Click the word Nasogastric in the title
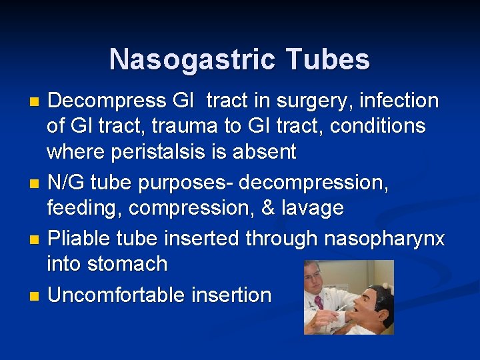(x=191, y=59)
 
